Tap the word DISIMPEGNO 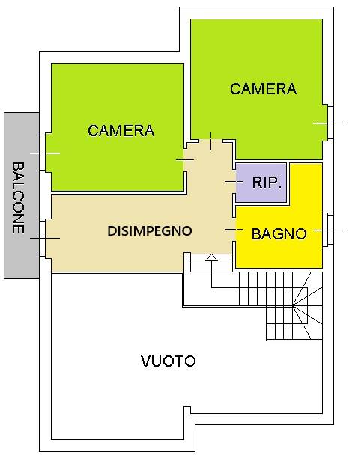[x=150, y=231]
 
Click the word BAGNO [x=279, y=234]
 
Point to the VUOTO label [x=169, y=361]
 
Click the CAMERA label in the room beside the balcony [x=121, y=131]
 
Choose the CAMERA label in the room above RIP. [x=263, y=89]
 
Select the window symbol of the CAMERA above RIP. [x=328, y=123]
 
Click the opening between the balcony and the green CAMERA [x=45, y=153]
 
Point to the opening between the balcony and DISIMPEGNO [x=45, y=238]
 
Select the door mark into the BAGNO [x=233, y=229]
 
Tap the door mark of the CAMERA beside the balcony [x=184, y=159]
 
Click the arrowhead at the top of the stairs [x=212, y=258]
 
